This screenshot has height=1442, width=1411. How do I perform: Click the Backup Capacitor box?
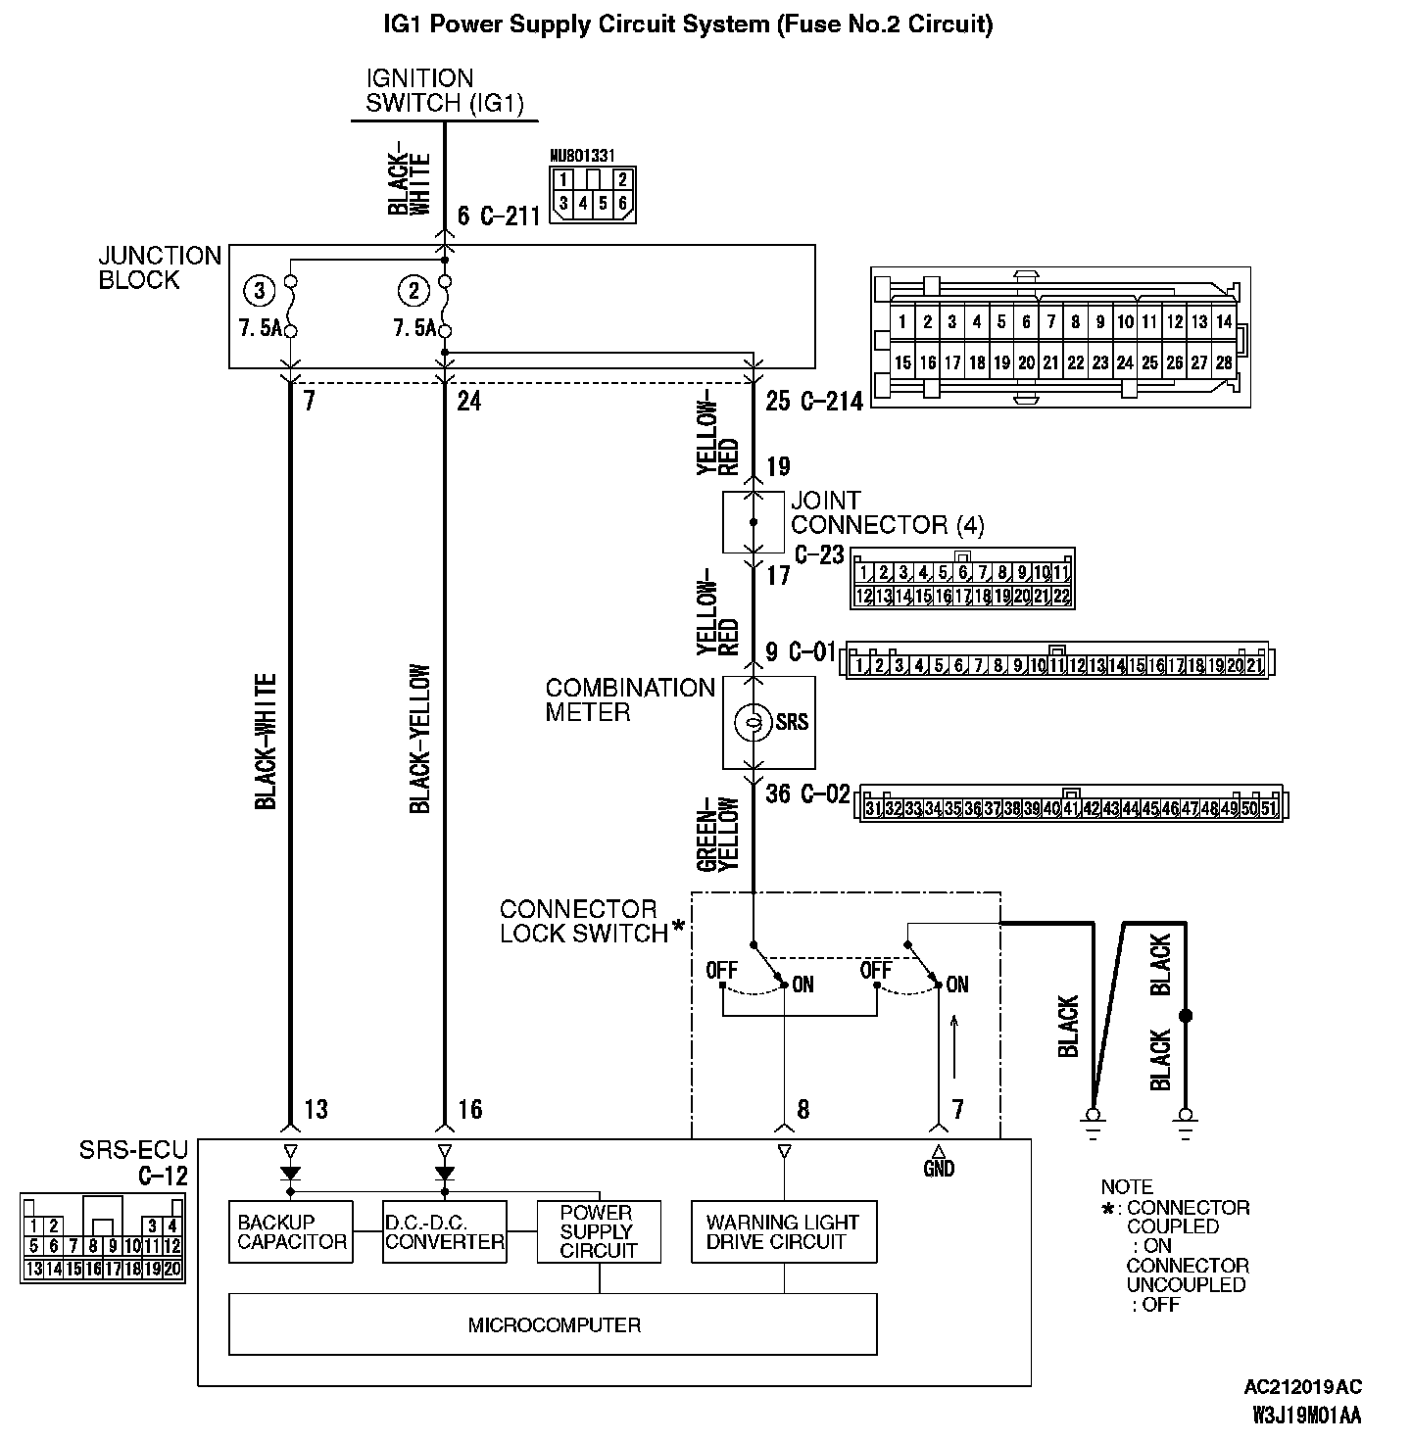click(x=291, y=1231)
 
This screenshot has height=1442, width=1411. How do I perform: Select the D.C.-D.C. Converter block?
click(x=444, y=1231)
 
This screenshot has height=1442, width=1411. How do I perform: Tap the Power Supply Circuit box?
click(x=599, y=1231)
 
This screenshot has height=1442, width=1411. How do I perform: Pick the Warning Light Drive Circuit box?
click(x=783, y=1231)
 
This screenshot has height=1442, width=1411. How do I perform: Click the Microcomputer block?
click(x=554, y=1324)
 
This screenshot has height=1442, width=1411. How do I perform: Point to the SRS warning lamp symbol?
click(x=753, y=722)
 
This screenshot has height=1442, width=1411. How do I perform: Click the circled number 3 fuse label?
click(x=259, y=291)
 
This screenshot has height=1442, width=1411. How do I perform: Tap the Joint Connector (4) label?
click(x=886, y=512)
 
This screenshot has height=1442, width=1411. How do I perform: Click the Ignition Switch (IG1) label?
click(x=445, y=90)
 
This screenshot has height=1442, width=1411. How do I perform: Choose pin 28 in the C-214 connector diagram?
click(x=1223, y=362)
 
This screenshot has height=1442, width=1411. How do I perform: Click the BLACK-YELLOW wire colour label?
click(x=420, y=740)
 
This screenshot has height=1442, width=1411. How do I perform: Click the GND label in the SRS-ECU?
click(x=939, y=1168)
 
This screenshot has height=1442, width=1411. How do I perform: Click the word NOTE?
click(x=1127, y=1186)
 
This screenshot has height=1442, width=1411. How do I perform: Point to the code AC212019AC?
click(x=1302, y=1387)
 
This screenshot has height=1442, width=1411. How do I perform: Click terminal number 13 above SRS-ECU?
click(x=316, y=1109)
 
